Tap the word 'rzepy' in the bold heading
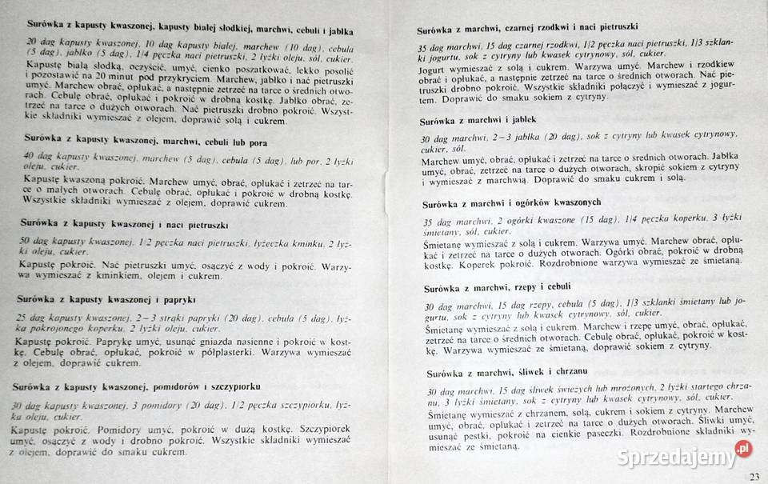pos(537,287)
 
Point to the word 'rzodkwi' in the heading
pos(570,32)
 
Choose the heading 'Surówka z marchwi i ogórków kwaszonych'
pos(520,202)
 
